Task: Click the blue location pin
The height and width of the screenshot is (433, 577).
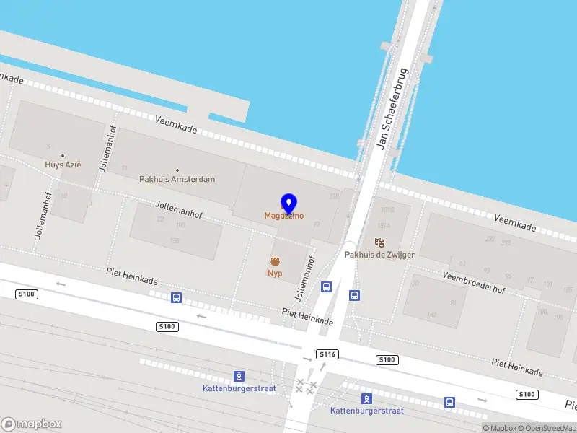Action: [288, 203]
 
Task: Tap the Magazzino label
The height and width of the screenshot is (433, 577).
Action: [283, 216]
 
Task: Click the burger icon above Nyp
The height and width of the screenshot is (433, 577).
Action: [275, 261]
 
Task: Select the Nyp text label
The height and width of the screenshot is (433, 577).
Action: [275, 274]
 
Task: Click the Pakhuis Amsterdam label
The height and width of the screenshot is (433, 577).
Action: [177, 179]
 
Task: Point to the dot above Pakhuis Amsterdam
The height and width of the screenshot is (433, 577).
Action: [177, 170]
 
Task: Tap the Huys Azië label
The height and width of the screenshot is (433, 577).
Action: [63, 165]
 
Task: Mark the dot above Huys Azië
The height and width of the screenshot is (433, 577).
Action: [63, 155]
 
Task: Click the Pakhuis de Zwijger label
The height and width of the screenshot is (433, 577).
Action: [379, 255]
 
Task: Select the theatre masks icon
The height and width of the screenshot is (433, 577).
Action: [379, 243]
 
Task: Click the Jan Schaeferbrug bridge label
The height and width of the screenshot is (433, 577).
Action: [392, 108]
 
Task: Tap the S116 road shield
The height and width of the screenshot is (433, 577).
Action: [326, 354]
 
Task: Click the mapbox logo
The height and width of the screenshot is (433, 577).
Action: [32, 424]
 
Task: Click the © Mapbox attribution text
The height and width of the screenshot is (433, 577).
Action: [500, 428]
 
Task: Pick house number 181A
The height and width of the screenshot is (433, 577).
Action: [383, 225]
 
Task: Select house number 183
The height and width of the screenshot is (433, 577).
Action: [431, 314]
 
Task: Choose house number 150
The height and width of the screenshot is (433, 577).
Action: [174, 240]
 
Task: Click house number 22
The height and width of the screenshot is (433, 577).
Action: [160, 219]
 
